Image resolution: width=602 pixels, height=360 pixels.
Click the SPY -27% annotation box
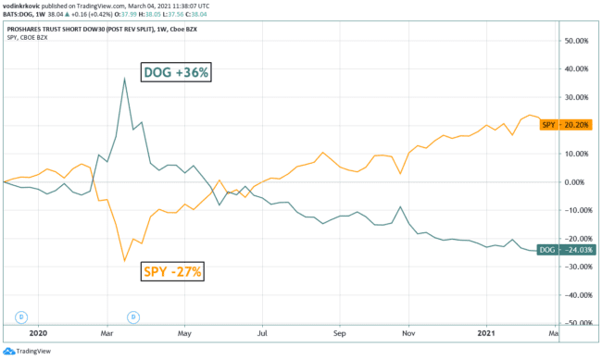171,271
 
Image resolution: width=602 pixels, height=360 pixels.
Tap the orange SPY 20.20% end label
565,125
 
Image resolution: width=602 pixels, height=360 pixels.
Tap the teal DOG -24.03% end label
565,250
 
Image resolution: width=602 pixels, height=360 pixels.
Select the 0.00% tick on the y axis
583,182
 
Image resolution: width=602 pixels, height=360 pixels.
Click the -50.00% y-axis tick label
581,323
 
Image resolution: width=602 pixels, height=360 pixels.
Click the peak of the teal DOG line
124,79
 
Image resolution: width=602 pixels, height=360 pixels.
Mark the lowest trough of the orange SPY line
125,261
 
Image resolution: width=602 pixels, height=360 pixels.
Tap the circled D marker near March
132,317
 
